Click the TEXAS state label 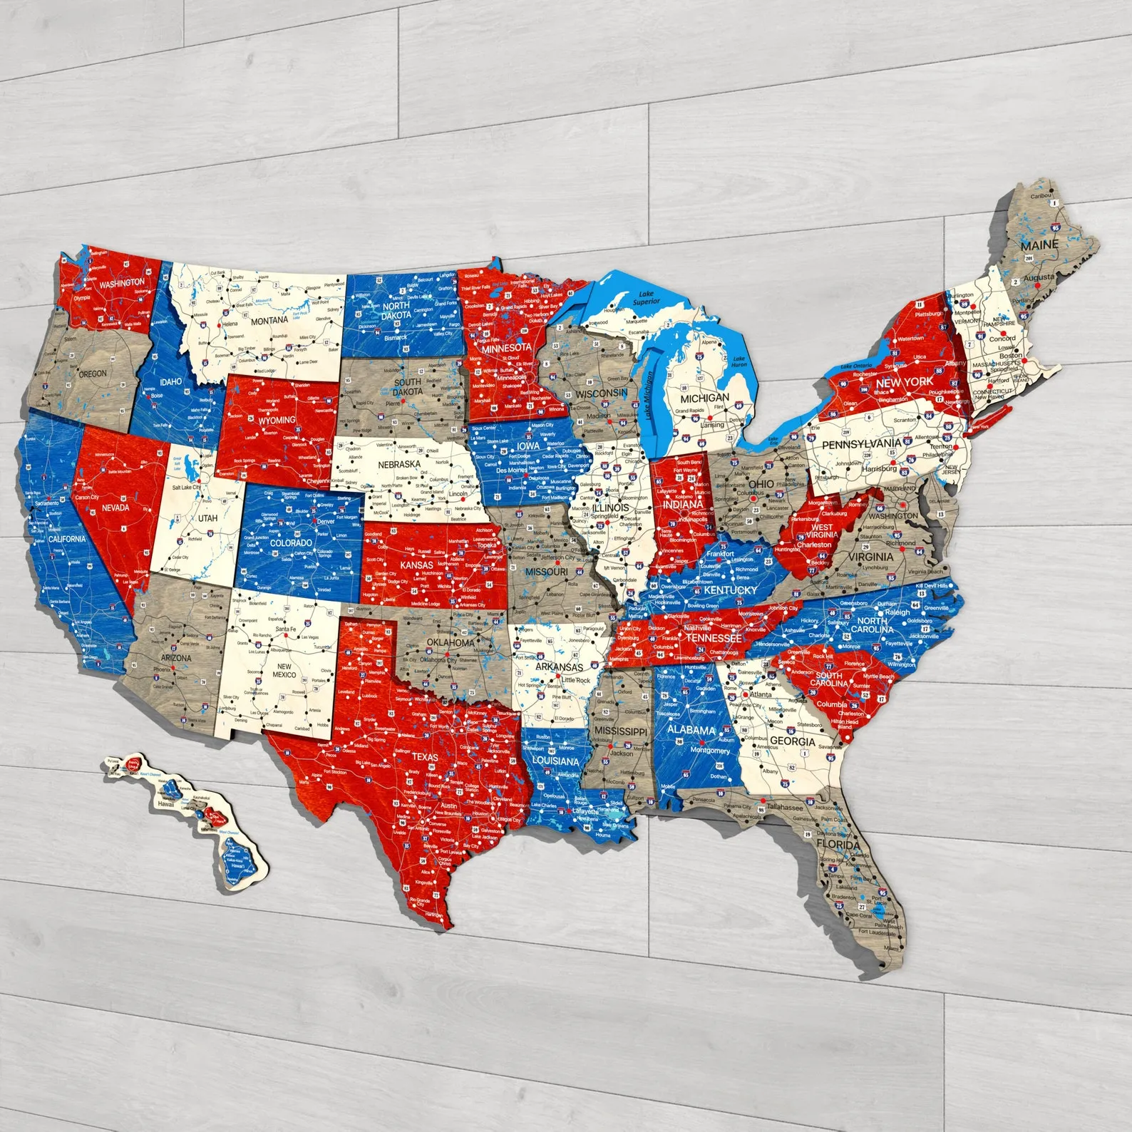tap(425, 757)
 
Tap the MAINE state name tap(1039, 245)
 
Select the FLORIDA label tap(838, 845)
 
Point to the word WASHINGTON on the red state tap(121, 283)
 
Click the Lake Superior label tap(645, 298)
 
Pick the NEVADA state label tap(115, 508)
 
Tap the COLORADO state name tap(291, 542)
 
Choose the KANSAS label tap(416, 565)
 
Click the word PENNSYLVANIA tap(861, 444)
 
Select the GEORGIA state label tap(792, 741)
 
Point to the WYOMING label tap(277, 421)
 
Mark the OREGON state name tap(93, 374)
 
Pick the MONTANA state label tap(269, 321)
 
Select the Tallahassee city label tap(784, 808)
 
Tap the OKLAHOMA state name tap(451, 642)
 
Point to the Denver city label tap(325, 521)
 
